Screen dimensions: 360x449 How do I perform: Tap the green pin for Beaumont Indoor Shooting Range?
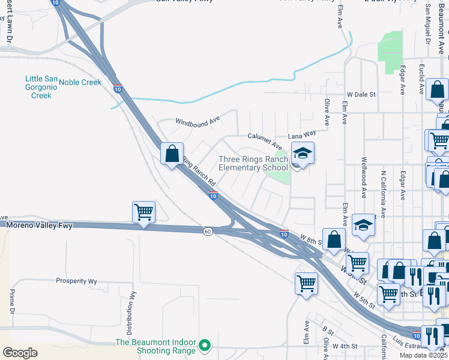[x=205, y=345]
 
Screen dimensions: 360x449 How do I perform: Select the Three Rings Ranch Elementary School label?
[x=253, y=163]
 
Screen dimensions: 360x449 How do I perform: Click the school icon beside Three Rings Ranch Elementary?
[x=303, y=154]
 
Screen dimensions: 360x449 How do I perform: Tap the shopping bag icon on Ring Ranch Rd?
[x=172, y=154]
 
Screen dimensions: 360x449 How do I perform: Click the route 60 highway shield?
[x=207, y=232]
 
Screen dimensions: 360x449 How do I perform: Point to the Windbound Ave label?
[x=197, y=121]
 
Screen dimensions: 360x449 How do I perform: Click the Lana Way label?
[x=302, y=134]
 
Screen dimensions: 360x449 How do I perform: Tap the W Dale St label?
[x=361, y=94]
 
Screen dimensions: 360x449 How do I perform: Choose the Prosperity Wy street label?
[x=76, y=280]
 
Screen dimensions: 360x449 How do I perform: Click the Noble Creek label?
[x=80, y=82]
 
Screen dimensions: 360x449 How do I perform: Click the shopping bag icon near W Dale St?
[x=438, y=90]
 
